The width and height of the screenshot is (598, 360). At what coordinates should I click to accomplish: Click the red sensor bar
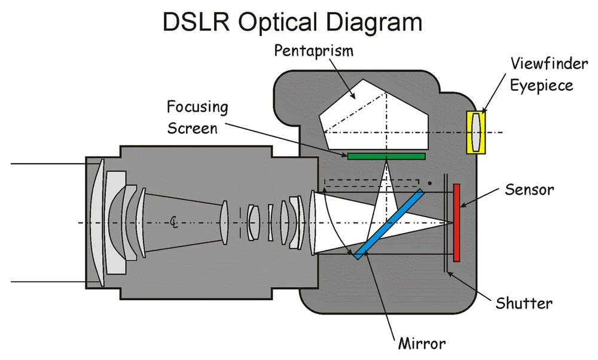point(457,222)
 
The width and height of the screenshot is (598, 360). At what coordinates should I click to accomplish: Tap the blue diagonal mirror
point(389,224)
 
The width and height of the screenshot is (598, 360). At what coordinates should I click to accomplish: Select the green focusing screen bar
point(386,156)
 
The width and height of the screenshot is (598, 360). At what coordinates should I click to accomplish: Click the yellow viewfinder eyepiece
point(476,132)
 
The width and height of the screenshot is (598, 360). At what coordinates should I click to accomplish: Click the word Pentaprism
point(314,51)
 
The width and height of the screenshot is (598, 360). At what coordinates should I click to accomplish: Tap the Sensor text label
point(529,191)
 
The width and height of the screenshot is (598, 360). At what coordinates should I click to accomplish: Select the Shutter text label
point(524,303)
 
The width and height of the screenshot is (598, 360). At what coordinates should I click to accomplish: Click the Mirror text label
point(422,344)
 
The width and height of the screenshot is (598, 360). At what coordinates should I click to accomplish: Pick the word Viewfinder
point(542,63)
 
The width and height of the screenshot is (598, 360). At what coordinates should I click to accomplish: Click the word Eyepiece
point(542,86)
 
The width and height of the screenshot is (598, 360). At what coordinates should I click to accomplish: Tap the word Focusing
point(197,108)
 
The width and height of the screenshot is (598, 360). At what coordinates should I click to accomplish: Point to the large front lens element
point(98,222)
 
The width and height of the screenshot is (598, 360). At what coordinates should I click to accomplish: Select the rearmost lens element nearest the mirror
point(312,222)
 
